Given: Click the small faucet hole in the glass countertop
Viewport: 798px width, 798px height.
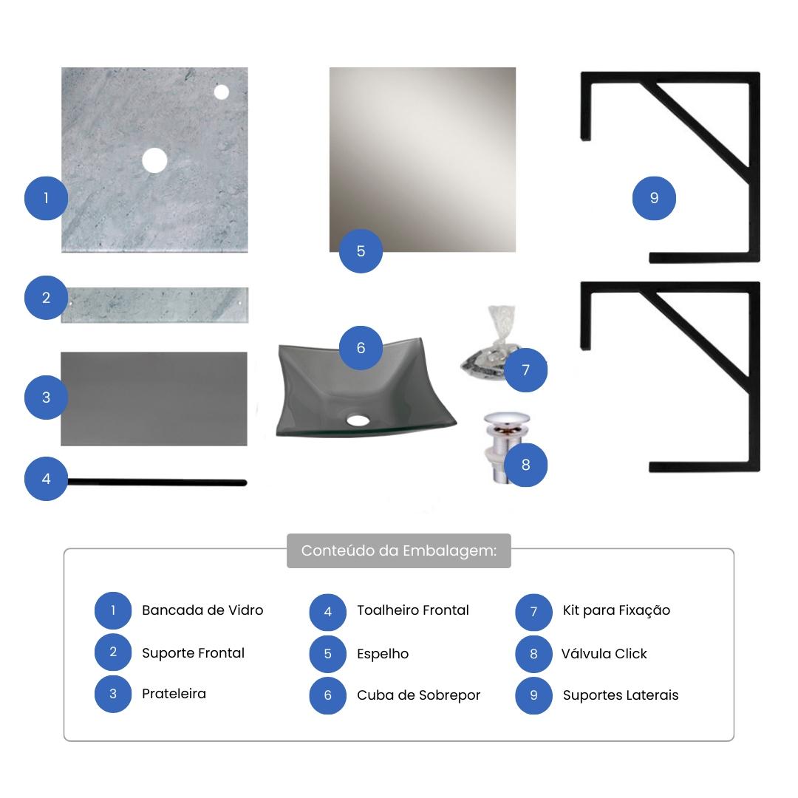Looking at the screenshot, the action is [222, 92].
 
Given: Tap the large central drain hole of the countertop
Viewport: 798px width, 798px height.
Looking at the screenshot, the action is [154, 160].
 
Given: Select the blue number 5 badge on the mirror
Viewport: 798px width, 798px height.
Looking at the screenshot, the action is [361, 251].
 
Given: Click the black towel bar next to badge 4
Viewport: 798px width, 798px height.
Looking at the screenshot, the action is [157, 482].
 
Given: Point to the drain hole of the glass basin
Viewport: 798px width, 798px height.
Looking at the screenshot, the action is [358, 420].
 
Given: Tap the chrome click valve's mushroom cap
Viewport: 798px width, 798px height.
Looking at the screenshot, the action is [506, 418].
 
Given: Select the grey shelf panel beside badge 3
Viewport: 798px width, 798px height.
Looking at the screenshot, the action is [154, 399].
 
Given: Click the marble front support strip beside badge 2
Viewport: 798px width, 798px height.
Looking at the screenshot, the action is [154, 305].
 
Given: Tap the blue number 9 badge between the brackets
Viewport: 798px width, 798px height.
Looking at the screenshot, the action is [654, 198].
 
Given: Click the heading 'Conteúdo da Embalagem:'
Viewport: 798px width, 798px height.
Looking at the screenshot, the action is [399, 550].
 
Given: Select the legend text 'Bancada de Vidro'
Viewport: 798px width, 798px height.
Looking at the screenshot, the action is [202, 610].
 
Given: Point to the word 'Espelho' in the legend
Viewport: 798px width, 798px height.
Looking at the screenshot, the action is [383, 654].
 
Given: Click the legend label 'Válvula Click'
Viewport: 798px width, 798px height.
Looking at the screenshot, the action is [604, 653].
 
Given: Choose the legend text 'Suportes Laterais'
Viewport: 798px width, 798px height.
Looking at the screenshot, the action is [621, 695].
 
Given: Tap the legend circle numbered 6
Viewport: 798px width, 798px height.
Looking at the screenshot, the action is [328, 695].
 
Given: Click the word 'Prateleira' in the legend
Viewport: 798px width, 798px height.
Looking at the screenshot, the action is [174, 694].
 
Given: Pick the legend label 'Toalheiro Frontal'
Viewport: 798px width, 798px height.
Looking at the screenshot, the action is [413, 610].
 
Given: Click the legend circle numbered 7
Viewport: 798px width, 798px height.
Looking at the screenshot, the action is [534, 612].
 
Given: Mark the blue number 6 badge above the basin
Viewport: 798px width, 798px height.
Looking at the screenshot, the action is [361, 347].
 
